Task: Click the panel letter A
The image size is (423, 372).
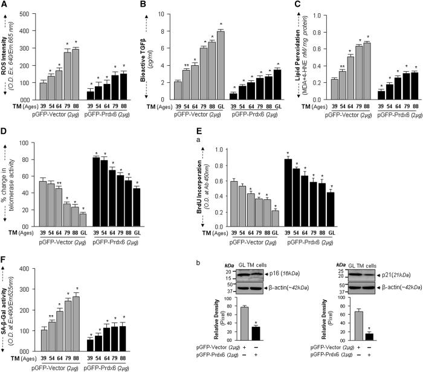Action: coord(5,5)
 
